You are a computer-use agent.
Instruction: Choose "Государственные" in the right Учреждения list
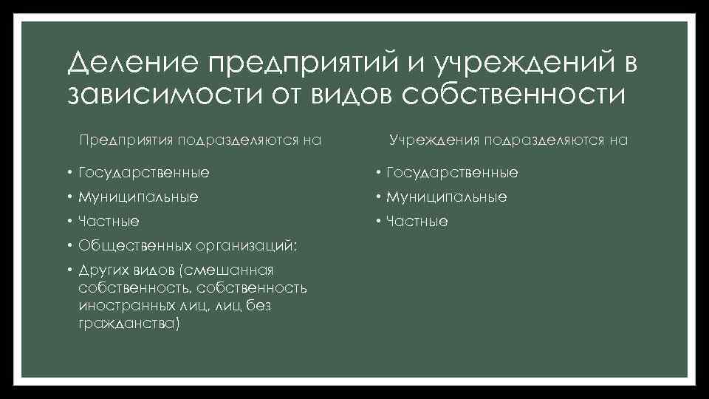coord(451,173)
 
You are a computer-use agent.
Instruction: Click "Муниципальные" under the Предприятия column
coord(137,197)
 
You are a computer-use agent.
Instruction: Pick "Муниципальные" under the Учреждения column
coord(446,197)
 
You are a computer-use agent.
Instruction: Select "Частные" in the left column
coord(108,222)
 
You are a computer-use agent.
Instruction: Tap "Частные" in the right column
coord(417,222)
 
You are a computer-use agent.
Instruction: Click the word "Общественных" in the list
coord(133,245)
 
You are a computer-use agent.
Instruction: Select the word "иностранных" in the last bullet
coord(119,306)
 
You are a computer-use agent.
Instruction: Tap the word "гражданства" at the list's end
coord(126,324)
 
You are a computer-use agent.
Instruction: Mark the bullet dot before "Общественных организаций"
coord(67,245)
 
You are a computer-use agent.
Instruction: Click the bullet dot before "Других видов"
coord(67,270)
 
